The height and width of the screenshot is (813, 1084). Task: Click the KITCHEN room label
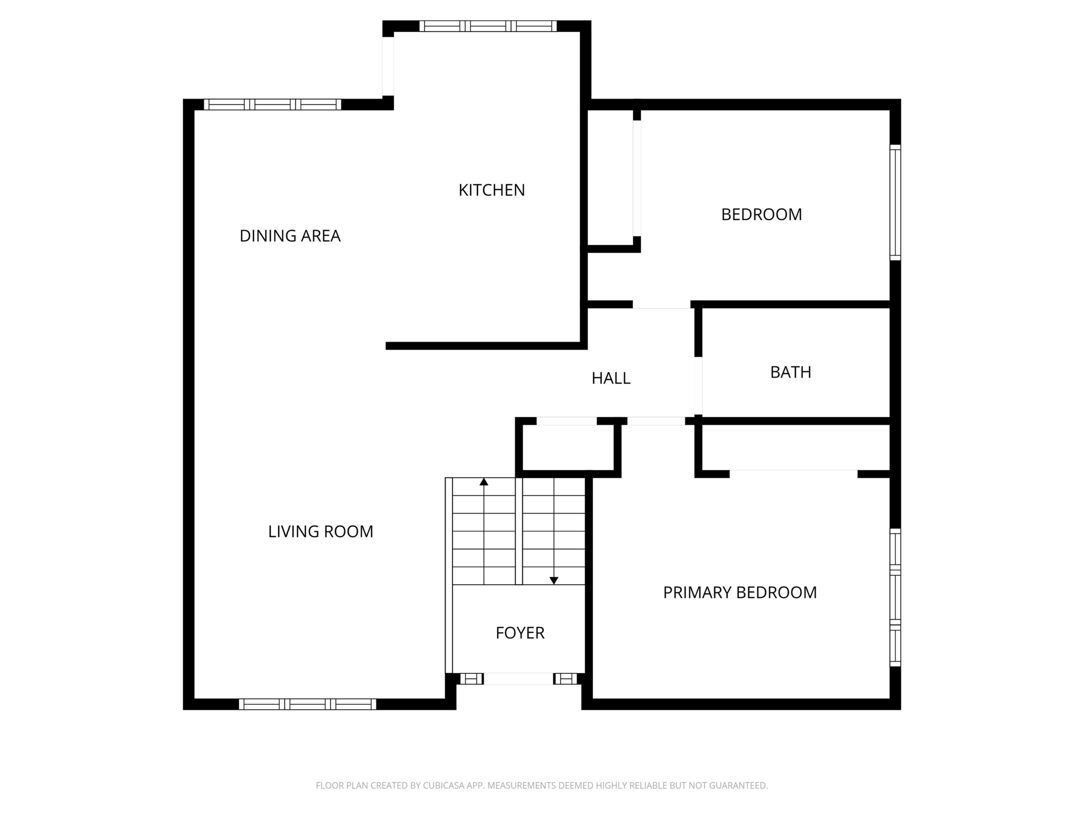point(492,190)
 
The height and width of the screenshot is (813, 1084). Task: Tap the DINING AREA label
point(290,236)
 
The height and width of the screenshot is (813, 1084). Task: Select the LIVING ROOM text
point(321,531)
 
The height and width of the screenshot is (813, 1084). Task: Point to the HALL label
point(611,378)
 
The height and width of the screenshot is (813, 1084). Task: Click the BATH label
point(791,373)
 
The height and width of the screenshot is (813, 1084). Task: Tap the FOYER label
point(520,633)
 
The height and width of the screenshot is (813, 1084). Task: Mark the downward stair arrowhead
point(554,581)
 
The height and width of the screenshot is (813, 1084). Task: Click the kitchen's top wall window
point(488,26)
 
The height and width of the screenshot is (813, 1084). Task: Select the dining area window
point(272,105)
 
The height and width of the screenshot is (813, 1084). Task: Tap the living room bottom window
point(308,704)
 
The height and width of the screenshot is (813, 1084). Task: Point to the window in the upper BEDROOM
point(895,202)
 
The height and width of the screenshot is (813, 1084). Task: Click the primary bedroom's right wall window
point(895,597)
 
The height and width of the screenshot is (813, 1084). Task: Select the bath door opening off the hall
point(698,387)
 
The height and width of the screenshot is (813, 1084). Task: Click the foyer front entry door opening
point(518,679)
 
